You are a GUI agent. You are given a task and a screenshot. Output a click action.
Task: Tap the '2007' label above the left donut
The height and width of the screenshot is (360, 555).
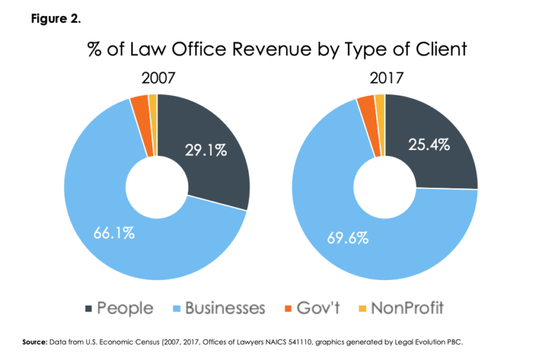click(x=157, y=78)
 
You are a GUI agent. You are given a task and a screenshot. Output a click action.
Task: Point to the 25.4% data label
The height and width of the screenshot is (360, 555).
click(x=428, y=144)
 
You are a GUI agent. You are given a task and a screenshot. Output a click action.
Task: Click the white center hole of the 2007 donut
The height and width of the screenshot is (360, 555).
click(x=157, y=186)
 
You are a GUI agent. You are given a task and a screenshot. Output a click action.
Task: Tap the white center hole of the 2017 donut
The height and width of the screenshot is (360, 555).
click(x=384, y=186)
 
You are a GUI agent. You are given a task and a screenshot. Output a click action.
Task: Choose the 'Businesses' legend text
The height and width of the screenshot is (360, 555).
click(x=225, y=309)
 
